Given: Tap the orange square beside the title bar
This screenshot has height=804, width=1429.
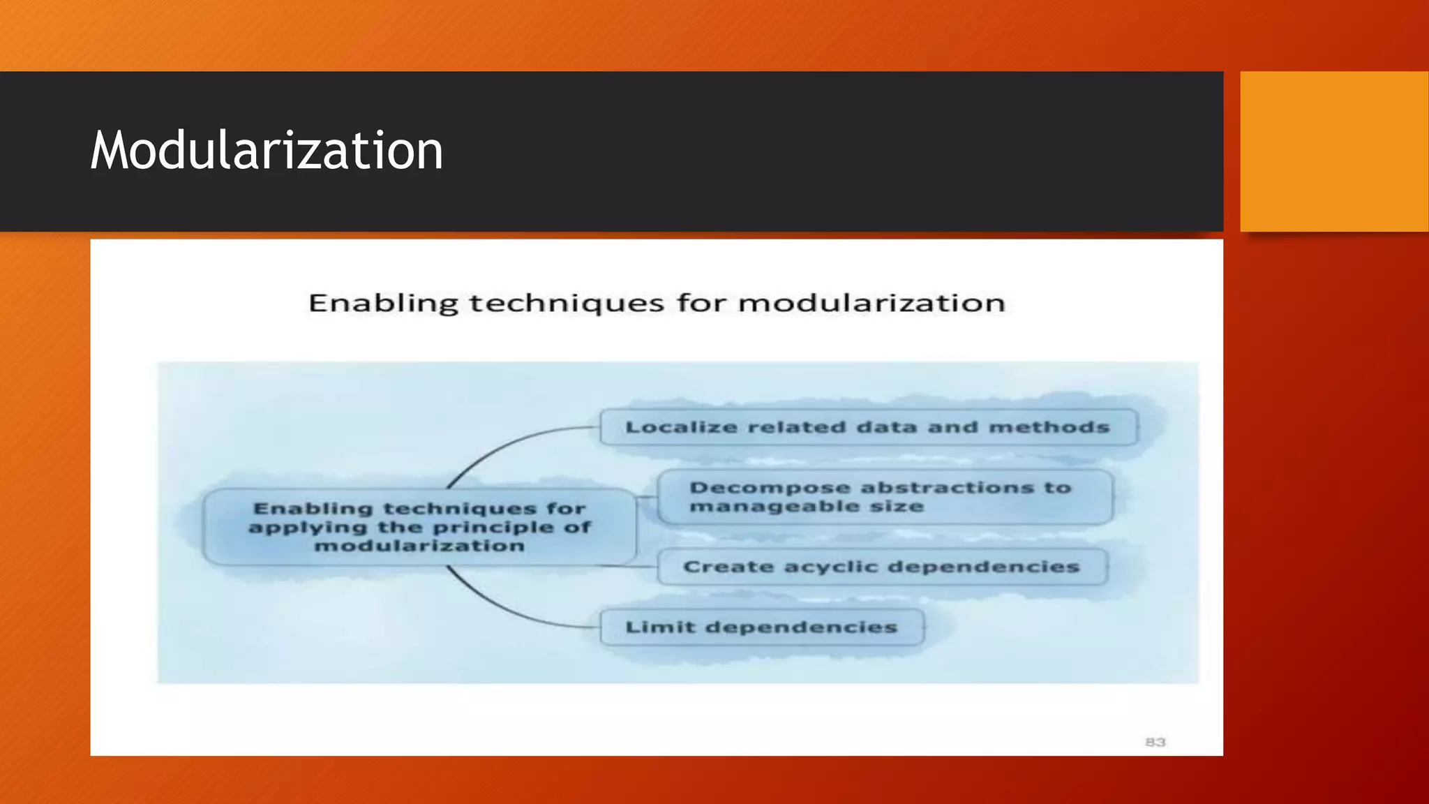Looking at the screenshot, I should (x=1334, y=151).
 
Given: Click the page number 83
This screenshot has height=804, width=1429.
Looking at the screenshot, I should (x=1155, y=742).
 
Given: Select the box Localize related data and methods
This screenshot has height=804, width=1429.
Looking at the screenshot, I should (x=868, y=427).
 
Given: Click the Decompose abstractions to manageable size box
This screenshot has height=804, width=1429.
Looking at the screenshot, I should (x=884, y=497).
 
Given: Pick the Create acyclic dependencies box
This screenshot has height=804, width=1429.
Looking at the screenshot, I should (x=881, y=567).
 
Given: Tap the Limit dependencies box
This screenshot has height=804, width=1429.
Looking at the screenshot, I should (x=761, y=627).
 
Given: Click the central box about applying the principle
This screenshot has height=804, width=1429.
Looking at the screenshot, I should (x=419, y=527).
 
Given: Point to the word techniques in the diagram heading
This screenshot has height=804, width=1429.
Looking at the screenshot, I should (x=567, y=304).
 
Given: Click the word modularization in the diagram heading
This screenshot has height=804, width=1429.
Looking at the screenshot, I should (x=871, y=304).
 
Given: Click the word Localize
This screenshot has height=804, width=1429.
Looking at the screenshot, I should (x=681, y=427).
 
